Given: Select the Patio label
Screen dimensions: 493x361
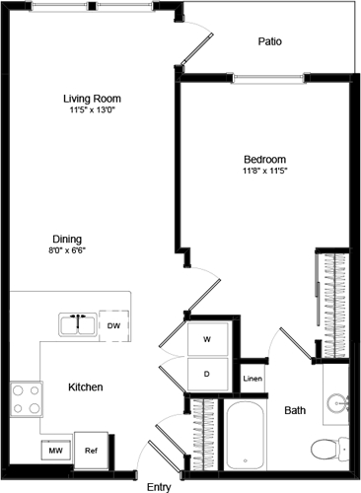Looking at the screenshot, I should coord(270,42).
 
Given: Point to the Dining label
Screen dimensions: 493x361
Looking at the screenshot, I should coord(68,239).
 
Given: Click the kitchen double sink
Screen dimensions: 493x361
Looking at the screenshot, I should coord(76,324).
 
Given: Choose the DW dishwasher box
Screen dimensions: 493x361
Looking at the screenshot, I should coord(113,324).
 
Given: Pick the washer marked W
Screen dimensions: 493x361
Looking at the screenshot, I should coord(207,339).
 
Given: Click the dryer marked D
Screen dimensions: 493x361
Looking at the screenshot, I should coord(207,374).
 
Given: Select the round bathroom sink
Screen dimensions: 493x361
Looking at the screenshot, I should coord(339,401).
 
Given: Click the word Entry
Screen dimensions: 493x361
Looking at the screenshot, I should coord(159,486).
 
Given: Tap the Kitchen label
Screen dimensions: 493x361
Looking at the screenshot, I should coord(86,387).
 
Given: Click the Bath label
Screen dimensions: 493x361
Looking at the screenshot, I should coord(295,410).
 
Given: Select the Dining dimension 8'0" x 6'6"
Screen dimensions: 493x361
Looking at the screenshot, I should coord(68,250).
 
